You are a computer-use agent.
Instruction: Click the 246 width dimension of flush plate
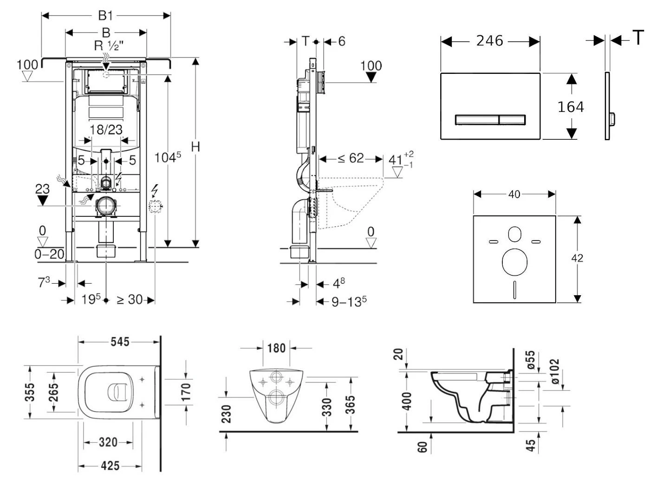[489, 41]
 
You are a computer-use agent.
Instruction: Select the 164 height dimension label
[570, 107]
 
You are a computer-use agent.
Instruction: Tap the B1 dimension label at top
[105, 15]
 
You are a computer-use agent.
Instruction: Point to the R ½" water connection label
[109, 45]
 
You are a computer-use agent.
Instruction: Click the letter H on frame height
[195, 147]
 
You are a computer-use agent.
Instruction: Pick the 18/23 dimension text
[106, 130]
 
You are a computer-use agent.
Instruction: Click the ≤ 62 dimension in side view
[351, 159]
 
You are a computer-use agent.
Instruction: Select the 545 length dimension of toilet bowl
[119, 342]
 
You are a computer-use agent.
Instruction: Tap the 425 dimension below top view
[110, 465]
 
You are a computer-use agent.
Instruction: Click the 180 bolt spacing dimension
[276, 348]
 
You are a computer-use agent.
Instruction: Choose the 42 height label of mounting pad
[577, 258]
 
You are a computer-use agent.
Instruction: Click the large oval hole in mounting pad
[514, 262]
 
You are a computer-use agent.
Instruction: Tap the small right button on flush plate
[512, 120]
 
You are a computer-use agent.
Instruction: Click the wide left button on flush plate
[477, 120]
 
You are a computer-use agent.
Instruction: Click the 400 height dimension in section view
[407, 402]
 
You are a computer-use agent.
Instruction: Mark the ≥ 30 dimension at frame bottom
[130, 300]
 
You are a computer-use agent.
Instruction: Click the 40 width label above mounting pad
[514, 194]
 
